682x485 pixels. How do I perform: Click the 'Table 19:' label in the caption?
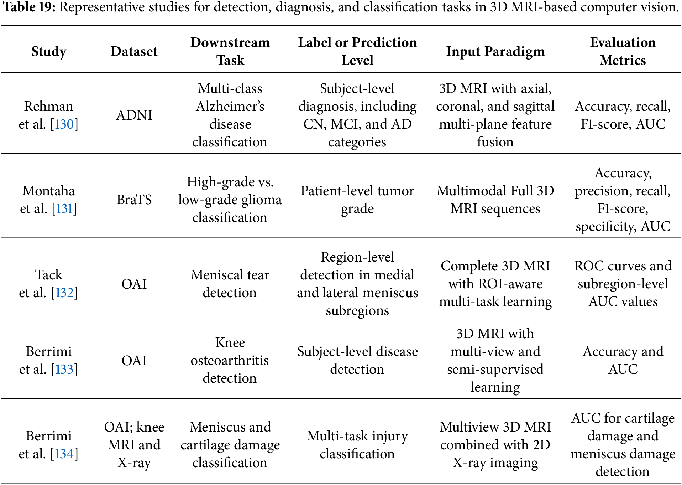29,7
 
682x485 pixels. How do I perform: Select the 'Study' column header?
49,52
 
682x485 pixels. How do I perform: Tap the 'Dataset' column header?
134,51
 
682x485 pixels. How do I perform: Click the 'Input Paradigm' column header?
495,52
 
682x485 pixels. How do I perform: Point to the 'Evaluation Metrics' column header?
623,51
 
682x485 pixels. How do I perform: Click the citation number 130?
64,124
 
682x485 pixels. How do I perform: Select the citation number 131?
64,208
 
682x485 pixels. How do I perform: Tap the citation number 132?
64,293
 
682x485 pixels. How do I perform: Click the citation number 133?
64,369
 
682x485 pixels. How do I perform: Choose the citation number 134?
64,454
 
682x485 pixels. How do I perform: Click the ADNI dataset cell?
134,115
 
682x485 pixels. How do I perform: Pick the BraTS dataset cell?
134,200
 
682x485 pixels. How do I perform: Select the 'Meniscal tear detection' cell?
230,284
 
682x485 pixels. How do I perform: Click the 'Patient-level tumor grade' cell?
357,200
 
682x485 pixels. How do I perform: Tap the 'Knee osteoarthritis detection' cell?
230,360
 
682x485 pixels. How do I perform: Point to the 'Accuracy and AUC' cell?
623,360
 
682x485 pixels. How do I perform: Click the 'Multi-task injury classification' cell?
357,445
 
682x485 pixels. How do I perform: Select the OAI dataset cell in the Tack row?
134,284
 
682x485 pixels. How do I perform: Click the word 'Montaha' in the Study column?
49,191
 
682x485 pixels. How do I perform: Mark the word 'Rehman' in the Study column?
49,106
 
